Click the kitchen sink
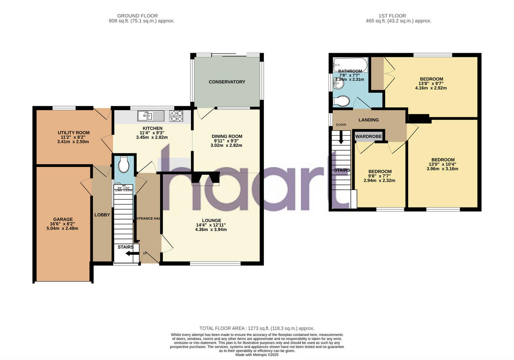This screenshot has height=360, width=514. point(150,116)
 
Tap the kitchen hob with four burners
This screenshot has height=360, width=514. point(176,116)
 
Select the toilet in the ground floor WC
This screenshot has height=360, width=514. point(124,164)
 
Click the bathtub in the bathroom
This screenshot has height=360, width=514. point(350,65)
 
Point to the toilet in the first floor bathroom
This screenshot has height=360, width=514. point(342,101)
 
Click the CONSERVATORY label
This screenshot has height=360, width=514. point(227,82)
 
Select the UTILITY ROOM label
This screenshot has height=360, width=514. point(74,133)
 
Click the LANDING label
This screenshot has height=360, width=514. point(368,120)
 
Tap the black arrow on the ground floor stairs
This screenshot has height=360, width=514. point(127,254)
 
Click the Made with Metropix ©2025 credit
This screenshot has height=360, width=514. point(257,355)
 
